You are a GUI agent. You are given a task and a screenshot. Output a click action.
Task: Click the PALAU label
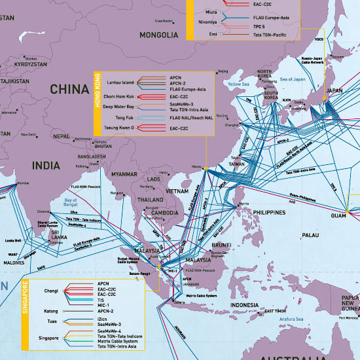pos(311,234)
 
